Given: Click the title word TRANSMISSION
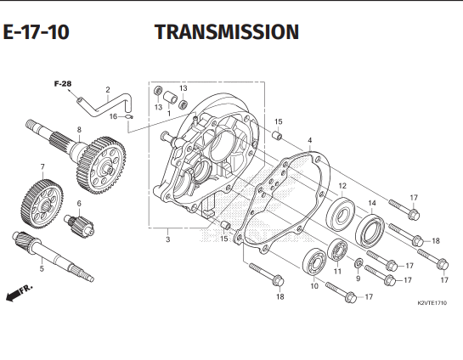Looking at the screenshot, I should click(x=227, y=32).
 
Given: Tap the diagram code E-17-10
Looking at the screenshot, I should click(x=36, y=33).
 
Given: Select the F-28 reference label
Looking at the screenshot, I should click(x=62, y=84).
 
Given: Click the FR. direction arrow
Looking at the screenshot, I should click(x=15, y=294).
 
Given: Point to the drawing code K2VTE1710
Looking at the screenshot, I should click(x=432, y=303).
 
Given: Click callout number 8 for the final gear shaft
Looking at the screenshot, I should click(x=79, y=130).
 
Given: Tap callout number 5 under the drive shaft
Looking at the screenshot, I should click(x=40, y=269).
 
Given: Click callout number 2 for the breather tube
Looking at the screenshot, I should click(x=108, y=89).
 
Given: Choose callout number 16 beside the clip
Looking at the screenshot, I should click(x=113, y=116).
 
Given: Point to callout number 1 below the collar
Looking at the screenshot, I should click(x=169, y=112).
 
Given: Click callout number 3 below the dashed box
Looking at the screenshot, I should click(x=167, y=240).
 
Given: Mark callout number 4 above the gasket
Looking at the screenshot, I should click(x=310, y=140).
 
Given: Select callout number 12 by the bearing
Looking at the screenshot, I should click(x=342, y=186).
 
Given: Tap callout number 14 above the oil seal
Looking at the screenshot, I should click(x=371, y=202).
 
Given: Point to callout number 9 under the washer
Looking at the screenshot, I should click(x=358, y=278).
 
